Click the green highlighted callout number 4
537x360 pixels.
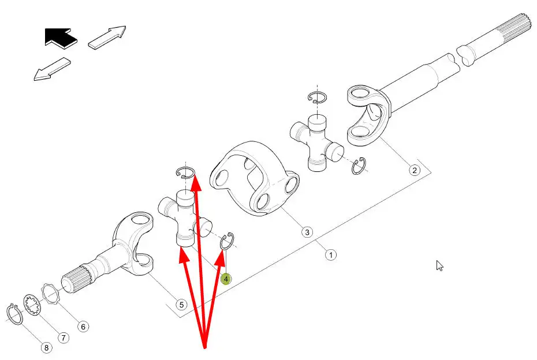[x=226, y=279]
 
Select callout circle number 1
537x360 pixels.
[x=330, y=255]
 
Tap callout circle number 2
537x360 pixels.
[x=415, y=170]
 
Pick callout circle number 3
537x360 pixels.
[x=307, y=232]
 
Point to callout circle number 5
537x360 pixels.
[x=181, y=305]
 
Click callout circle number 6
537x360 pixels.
[x=83, y=327]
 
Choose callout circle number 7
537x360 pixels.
[x=64, y=338]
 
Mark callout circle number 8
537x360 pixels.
[x=47, y=348]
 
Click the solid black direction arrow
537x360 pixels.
[x=61, y=37]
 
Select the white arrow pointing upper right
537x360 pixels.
[x=107, y=37]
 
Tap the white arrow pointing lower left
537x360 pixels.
[x=52, y=69]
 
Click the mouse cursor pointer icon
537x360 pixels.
[x=440, y=266]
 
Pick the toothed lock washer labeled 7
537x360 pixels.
[x=33, y=305]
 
